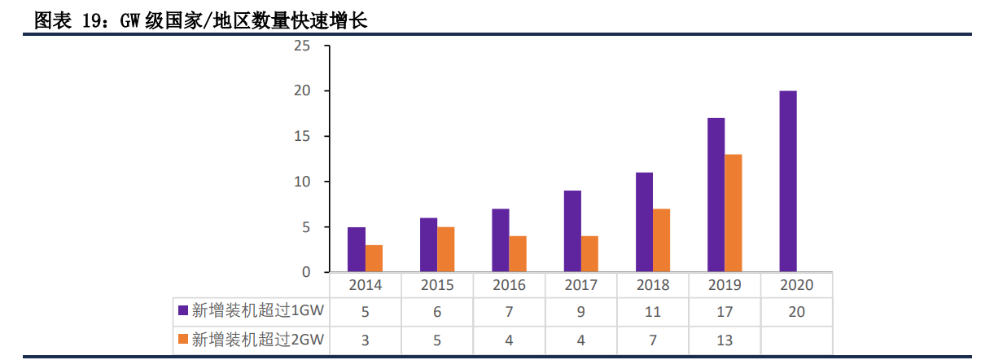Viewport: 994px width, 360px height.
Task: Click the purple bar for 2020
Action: click(x=787, y=181)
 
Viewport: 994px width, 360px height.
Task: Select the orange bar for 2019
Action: click(x=733, y=213)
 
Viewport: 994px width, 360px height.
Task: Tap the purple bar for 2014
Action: click(x=357, y=249)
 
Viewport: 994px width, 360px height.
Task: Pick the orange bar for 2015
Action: click(x=445, y=249)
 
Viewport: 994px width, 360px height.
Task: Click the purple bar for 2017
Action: click(x=572, y=231)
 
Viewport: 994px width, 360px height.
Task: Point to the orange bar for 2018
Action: click(x=661, y=240)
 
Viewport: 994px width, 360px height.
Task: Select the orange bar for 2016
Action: click(x=518, y=254)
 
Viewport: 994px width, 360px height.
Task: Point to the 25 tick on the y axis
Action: click(x=302, y=46)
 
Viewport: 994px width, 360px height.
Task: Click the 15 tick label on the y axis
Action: click(x=302, y=136)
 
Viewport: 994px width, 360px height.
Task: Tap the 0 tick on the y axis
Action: click(x=306, y=272)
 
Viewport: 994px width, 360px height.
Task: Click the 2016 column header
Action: click(x=509, y=285)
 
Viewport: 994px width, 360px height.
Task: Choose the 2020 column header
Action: click(x=796, y=285)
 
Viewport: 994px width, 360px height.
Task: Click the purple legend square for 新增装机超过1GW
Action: click(x=183, y=310)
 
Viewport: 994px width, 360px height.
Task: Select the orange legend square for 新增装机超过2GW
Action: click(x=183, y=339)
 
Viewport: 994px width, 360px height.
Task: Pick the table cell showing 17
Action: click(x=725, y=312)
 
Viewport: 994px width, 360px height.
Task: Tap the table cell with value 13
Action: click(x=725, y=340)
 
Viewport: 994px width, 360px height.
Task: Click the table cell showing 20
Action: click(x=796, y=312)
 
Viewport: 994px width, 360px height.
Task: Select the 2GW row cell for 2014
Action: click(x=366, y=340)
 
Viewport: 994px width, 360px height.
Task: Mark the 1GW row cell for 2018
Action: click(x=653, y=312)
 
